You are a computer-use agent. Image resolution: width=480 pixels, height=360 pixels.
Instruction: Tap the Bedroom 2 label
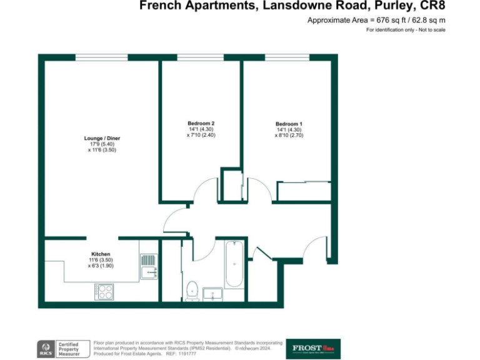pyautogui.click(x=201, y=123)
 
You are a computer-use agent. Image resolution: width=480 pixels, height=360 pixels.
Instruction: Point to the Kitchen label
pyautogui.click(x=101, y=254)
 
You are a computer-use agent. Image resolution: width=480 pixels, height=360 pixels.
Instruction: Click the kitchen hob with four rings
pyautogui.click(x=104, y=291)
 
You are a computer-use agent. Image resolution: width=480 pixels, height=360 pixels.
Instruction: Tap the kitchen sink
pyautogui.click(x=147, y=266)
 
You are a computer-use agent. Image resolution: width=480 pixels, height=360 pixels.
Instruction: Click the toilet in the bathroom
pyautogui.click(x=193, y=290)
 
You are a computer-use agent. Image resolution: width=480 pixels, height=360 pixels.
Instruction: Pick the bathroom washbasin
pyautogui.click(x=214, y=294)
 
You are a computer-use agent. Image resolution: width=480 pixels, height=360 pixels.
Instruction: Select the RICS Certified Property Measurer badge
pyautogui.click(x=59, y=349)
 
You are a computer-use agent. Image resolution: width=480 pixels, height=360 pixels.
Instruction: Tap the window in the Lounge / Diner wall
pyautogui.click(x=101, y=57)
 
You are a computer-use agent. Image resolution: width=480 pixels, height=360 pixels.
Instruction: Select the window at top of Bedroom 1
pyautogui.click(x=287, y=57)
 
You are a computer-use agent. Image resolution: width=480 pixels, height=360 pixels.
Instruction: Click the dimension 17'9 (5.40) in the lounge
pyautogui.click(x=102, y=144)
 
